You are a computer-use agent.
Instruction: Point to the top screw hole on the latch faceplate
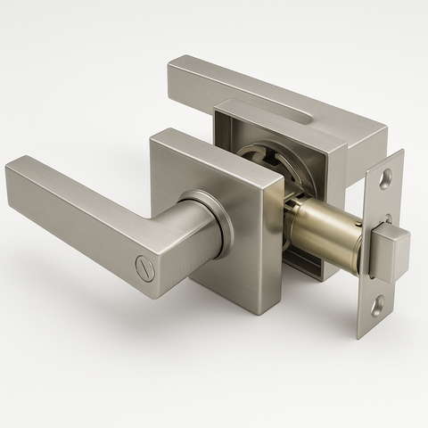384,179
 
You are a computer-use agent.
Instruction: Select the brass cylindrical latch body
325,234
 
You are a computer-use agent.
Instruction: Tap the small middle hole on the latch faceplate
387,218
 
